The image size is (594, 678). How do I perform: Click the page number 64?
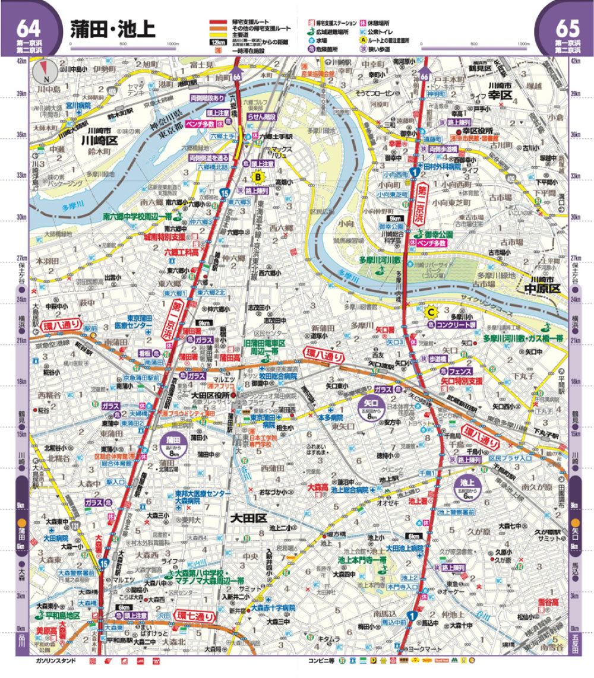pos(29,28)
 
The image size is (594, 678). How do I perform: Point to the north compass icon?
pos(43,72)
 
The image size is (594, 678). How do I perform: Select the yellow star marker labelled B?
pos(258,176)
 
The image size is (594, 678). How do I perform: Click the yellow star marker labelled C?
pos(432,310)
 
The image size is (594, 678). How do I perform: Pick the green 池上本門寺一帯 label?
pos(362,560)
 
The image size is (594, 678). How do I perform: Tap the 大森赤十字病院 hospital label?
pos(273,608)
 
